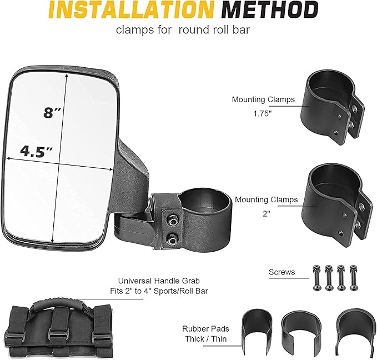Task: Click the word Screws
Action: point(282,272)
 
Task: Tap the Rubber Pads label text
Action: point(205,329)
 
